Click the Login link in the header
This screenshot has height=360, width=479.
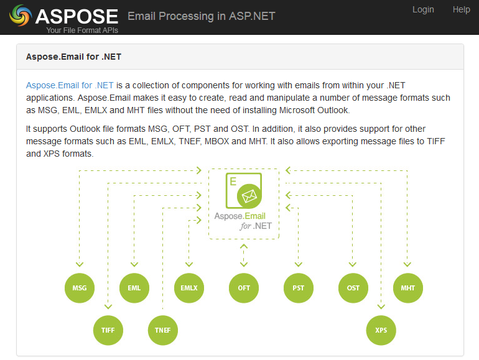423,9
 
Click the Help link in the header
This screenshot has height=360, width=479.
461,9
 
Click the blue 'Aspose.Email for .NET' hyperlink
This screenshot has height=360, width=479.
70,85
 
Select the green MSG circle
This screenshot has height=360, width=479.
80,288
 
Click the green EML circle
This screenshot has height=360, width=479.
134,288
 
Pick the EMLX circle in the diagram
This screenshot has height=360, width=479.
189,288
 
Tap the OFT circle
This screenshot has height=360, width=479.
244,288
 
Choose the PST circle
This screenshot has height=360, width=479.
299,288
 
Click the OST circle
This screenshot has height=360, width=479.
353,288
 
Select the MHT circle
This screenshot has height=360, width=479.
408,288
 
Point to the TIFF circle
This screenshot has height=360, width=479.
108,330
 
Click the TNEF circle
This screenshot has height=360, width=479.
163,330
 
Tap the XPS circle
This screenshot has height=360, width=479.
381,330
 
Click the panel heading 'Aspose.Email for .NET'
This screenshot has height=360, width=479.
73,57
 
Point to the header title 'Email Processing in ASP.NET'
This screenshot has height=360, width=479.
201,16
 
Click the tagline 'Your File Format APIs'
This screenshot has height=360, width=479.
82,30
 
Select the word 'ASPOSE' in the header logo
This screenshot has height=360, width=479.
77,16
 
